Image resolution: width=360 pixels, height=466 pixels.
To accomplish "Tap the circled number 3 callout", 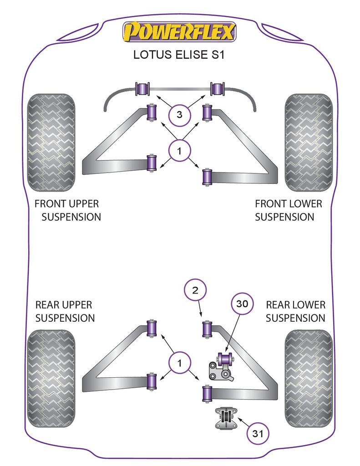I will (179, 115).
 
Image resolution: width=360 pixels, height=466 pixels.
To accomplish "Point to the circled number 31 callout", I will (258, 434).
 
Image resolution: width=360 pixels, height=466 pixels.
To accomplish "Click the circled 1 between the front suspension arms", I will (179, 151).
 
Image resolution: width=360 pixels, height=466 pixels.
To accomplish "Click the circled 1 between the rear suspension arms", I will (179, 363).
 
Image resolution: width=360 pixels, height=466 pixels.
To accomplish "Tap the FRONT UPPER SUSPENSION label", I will (68, 210).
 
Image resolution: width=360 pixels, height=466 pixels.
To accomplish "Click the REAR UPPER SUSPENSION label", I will (65, 311).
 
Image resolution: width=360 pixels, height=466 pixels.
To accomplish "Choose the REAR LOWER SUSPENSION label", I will (296, 311).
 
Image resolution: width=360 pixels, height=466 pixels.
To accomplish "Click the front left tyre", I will (51, 142).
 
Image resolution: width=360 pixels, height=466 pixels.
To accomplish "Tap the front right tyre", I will (309, 142).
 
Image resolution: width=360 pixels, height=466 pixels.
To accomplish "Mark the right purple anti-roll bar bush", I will (218, 88).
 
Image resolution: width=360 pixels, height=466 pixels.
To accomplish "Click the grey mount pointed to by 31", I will (224, 419).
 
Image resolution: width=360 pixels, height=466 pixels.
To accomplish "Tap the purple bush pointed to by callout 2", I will (208, 329).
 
